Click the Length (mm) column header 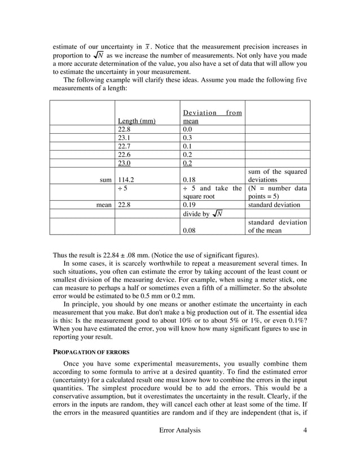pyautogui.click(x=137, y=121)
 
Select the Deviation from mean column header pyautogui.click(x=212, y=117)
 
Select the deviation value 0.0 pyautogui.click(x=188, y=129)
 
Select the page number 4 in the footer pyautogui.click(x=305, y=430)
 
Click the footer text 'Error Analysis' pyautogui.click(x=180, y=430)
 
